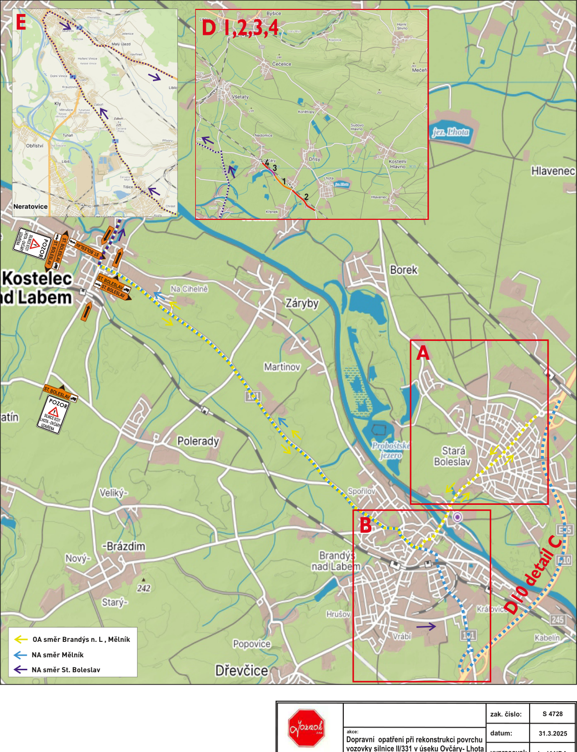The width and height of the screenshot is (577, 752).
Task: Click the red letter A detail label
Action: (x=423, y=353)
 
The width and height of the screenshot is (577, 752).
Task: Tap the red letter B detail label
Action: (x=365, y=525)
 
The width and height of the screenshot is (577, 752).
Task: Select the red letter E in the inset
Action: (x=21, y=22)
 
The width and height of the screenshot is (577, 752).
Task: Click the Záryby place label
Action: (x=301, y=303)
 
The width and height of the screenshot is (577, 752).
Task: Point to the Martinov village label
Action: (x=282, y=367)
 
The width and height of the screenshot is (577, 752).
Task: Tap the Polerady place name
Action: (x=198, y=441)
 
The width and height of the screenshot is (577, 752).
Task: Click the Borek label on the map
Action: (x=404, y=270)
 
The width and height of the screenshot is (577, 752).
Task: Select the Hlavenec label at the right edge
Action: (x=553, y=171)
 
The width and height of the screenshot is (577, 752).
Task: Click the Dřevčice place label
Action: (x=242, y=670)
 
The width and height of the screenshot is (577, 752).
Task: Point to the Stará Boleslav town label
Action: (x=452, y=456)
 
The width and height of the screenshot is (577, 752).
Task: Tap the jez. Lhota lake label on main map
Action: (x=450, y=132)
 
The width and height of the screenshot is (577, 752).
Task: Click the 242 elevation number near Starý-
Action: (x=144, y=588)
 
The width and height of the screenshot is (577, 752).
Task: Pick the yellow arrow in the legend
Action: (x=21, y=639)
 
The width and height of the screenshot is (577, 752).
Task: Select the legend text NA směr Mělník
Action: (x=57, y=655)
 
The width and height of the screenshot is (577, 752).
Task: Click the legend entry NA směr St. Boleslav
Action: (x=66, y=670)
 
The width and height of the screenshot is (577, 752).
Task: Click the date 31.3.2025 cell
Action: (x=553, y=733)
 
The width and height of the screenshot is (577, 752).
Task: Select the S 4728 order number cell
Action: (x=553, y=714)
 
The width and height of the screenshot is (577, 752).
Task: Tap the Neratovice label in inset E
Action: (x=30, y=206)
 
